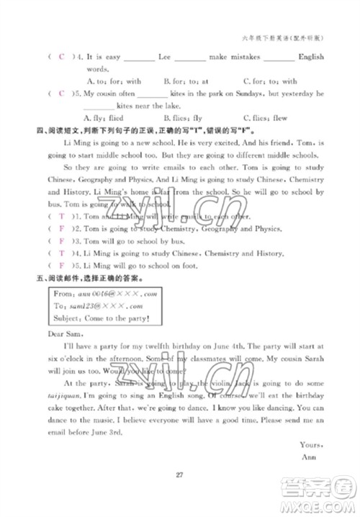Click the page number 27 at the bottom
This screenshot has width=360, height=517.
click(x=180, y=473)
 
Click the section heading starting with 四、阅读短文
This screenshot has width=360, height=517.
click(x=130, y=130)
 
